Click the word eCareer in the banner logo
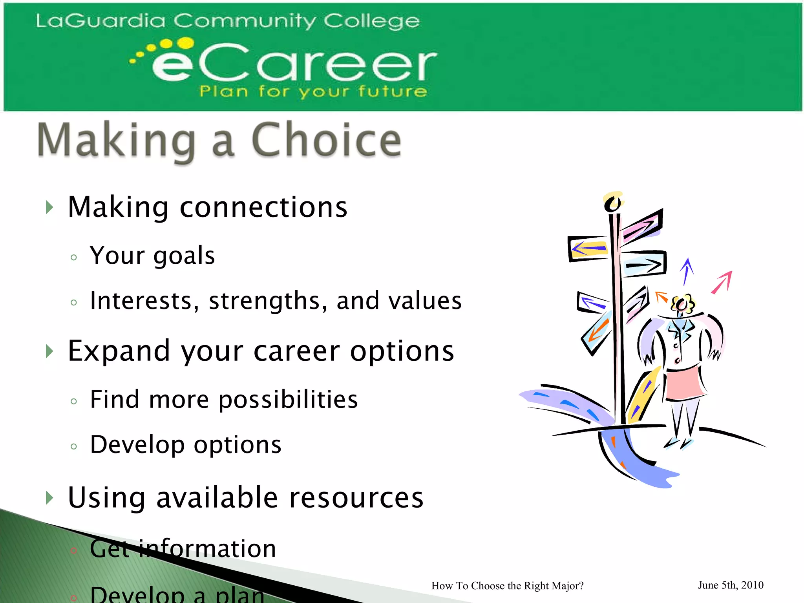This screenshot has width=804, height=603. (294, 62)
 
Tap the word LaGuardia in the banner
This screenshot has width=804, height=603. (100, 21)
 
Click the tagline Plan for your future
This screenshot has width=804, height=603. (312, 91)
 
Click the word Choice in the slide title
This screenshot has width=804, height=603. (326, 140)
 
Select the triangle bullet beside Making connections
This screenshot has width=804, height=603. (49, 207)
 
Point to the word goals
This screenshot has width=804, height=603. (184, 256)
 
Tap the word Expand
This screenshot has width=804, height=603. (119, 351)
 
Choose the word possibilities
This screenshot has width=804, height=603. (288, 400)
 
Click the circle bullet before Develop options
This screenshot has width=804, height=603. (74, 446)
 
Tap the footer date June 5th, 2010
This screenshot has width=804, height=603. (731, 585)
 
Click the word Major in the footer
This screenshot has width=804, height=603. (566, 586)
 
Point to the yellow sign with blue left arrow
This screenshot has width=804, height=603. (588, 249)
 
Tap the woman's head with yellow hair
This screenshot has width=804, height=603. (682, 304)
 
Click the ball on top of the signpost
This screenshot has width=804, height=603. (612, 203)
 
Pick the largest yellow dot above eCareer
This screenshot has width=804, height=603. (185, 43)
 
